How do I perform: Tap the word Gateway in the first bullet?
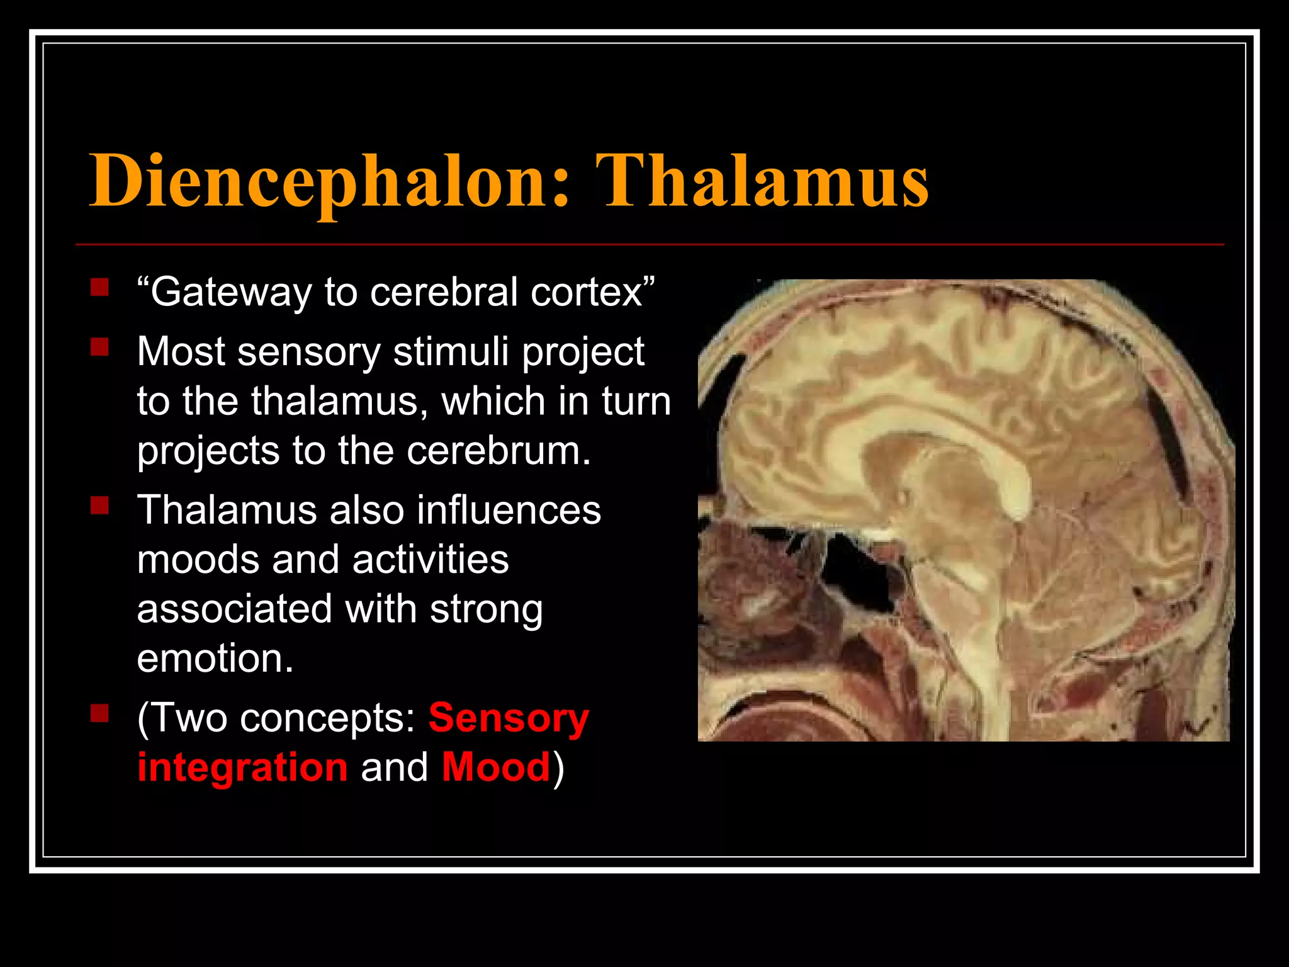230,292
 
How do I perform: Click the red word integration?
242,767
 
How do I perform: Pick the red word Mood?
496,767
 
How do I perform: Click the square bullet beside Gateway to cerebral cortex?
99,288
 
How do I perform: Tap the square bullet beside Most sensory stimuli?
99,347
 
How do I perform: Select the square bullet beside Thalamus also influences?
99,506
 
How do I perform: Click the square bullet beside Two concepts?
99,713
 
